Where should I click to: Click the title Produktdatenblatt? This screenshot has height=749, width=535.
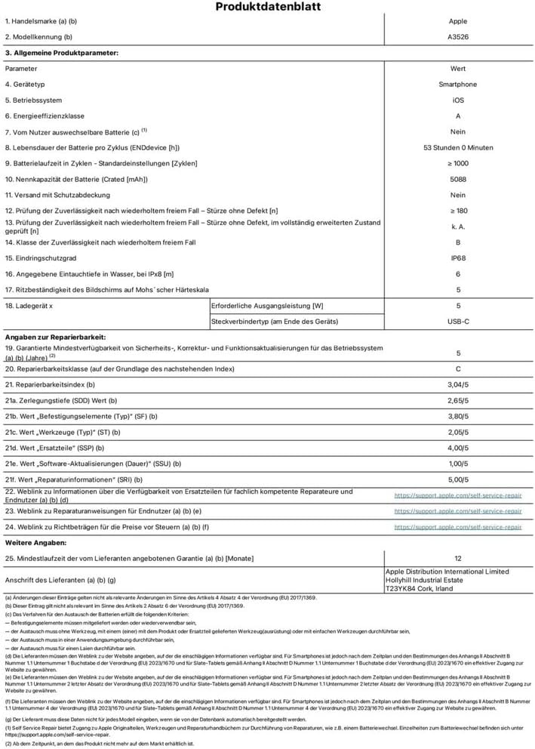[x=268, y=7]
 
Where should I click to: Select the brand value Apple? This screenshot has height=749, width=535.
[x=457, y=22]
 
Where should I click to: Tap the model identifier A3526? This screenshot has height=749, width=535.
[x=457, y=36]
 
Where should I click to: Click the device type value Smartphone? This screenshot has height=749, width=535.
[x=457, y=85]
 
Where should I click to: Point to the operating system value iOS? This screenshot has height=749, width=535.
[x=457, y=100]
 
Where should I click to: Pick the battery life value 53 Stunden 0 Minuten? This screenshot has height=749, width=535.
[x=458, y=148]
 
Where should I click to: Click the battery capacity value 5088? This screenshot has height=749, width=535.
[x=457, y=179]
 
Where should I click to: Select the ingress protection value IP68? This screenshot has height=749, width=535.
[x=457, y=258]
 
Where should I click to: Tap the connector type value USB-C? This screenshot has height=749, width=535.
[x=457, y=322]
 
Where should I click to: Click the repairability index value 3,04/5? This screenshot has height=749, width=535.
[x=457, y=384]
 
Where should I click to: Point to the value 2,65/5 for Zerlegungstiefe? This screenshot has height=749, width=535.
[x=457, y=400]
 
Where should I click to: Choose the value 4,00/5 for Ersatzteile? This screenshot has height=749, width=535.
[x=457, y=448]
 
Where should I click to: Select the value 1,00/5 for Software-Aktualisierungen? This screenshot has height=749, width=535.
[x=457, y=464]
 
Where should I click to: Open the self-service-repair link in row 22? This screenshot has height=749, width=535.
[x=457, y=495]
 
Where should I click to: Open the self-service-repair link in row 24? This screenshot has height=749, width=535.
[x=457, y=527]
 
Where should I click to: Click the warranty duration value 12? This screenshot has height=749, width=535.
[x=457, y=558]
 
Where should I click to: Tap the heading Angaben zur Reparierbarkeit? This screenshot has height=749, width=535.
[x=55, y=336]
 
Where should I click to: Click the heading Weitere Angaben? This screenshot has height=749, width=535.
[x=35, y=543]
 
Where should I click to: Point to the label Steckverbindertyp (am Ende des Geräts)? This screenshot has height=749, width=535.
[x=275, y=322]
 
